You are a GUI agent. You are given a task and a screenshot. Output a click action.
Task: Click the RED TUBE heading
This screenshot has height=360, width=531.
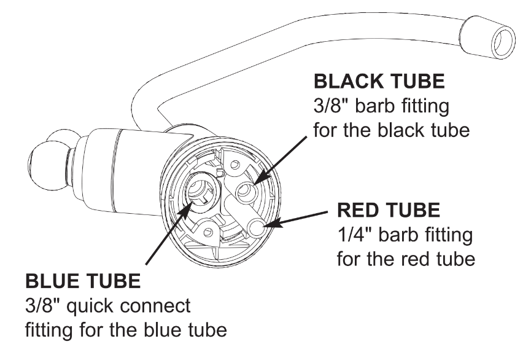389,211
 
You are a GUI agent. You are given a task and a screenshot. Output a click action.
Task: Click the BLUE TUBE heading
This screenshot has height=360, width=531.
84,283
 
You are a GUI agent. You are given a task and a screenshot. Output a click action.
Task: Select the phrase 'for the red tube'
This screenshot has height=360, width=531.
406,257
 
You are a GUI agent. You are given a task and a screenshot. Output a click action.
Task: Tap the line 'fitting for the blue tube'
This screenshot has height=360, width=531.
126,329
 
